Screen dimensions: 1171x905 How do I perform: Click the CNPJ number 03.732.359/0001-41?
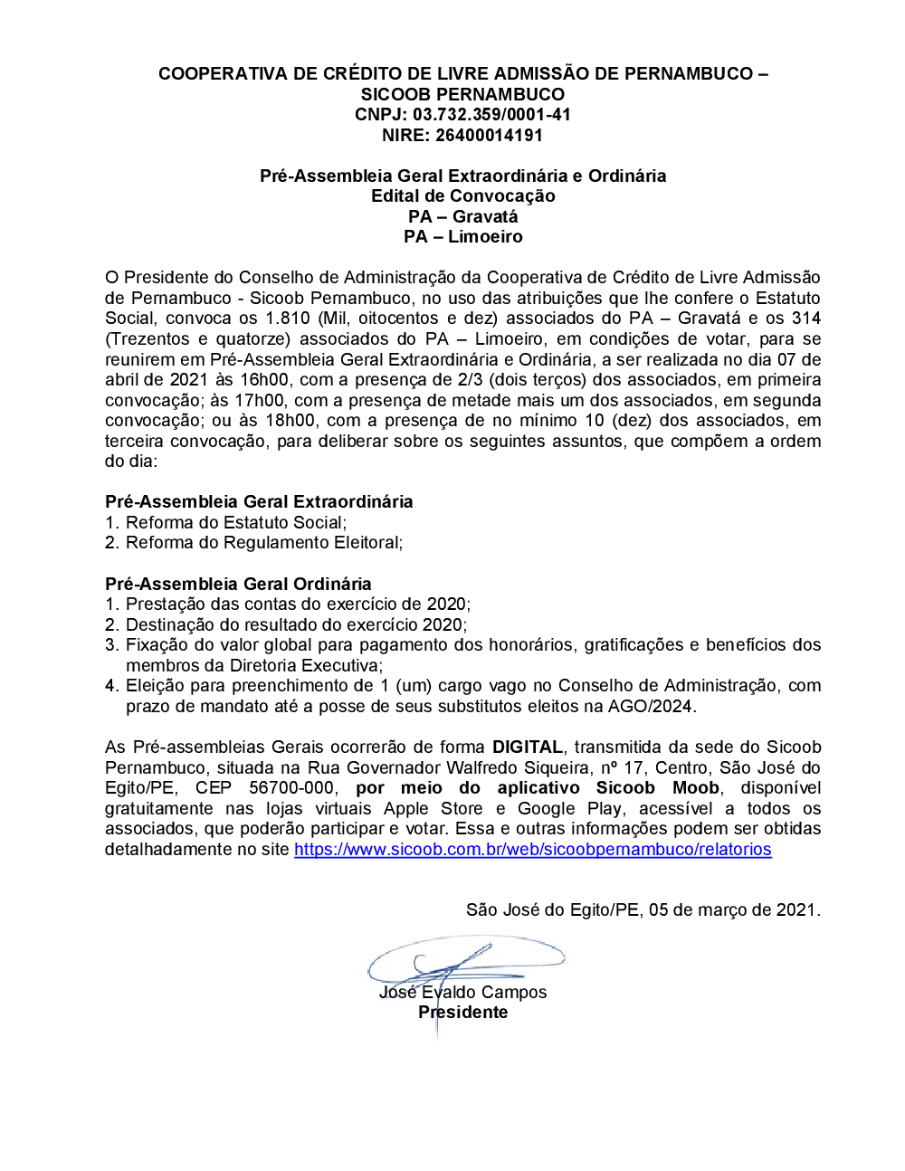click(x=491, y=115)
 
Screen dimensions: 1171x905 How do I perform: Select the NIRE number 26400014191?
click(x=489, y=136)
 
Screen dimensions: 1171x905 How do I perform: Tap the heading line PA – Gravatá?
click(x=462, y=216)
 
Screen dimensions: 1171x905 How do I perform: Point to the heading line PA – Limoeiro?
click(x=462, y=237)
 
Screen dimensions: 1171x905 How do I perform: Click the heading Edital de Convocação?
click(x=462, y=196)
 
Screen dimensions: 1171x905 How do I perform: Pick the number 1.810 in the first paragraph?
click(x=287, y=319)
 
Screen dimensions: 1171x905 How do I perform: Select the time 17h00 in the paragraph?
click(x=262, y=401)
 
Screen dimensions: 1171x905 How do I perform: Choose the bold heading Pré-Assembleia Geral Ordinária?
click(x=238, y=585)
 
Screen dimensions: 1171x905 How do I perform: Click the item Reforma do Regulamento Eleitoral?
click(x=263, y=543)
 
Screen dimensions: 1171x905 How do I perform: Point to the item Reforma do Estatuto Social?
click(x=235, y=523)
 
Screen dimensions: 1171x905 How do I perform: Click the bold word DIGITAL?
click(x=528, y=747)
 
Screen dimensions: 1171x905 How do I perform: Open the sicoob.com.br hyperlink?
click(x=532, y=850)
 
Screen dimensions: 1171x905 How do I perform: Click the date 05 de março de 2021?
click(x=733, y=910)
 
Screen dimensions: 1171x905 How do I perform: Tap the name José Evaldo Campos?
click(x=462, y=993)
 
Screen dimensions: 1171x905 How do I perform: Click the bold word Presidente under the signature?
click(x=462, y=1013)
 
